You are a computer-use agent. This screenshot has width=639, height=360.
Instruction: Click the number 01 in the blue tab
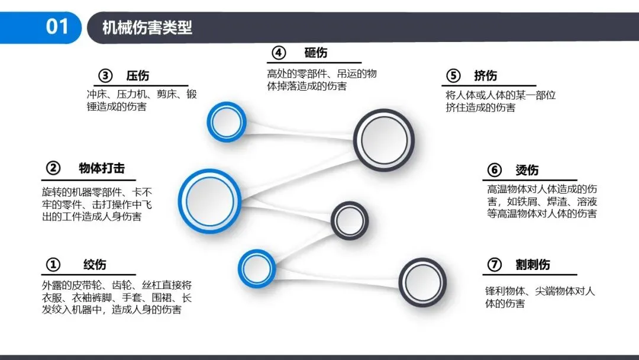[57, 27]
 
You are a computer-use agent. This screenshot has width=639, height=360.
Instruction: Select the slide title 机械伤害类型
[147, 28]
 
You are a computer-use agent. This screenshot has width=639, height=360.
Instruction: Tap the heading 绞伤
[95, 264]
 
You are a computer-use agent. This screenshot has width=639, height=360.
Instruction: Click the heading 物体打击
[102, 168]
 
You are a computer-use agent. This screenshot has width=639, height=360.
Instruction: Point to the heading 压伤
[137, 76]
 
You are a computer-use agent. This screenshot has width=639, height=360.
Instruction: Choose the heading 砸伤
[315, 53]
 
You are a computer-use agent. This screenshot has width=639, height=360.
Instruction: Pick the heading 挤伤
[485, 76]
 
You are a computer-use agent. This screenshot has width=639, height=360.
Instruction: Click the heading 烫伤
[527, 171]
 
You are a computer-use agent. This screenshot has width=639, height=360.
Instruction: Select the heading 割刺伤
[532, 265]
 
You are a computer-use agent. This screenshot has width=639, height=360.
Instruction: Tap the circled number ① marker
[53, 264]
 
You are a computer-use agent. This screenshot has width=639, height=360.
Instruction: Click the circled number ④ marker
[279, 53]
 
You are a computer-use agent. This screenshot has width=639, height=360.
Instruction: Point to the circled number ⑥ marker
[495, 171]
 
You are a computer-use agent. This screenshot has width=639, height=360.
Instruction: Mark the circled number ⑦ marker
[495, 265]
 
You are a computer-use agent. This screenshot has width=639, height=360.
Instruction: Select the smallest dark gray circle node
[349, 221]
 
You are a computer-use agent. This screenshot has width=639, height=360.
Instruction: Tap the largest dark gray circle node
[384, 140]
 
